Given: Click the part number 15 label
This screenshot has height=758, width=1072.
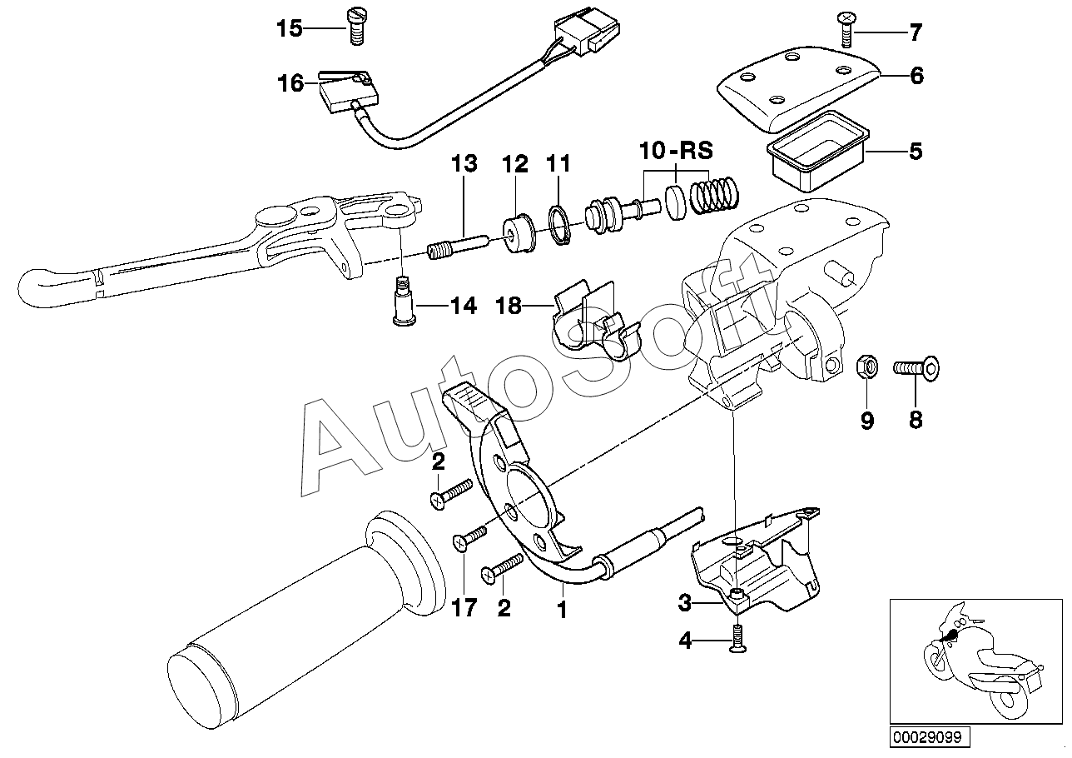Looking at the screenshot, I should pos(290,29).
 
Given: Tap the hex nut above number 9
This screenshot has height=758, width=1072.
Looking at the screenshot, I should pos(866,366).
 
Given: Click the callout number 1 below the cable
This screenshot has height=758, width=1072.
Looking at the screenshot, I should pos(562,611).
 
